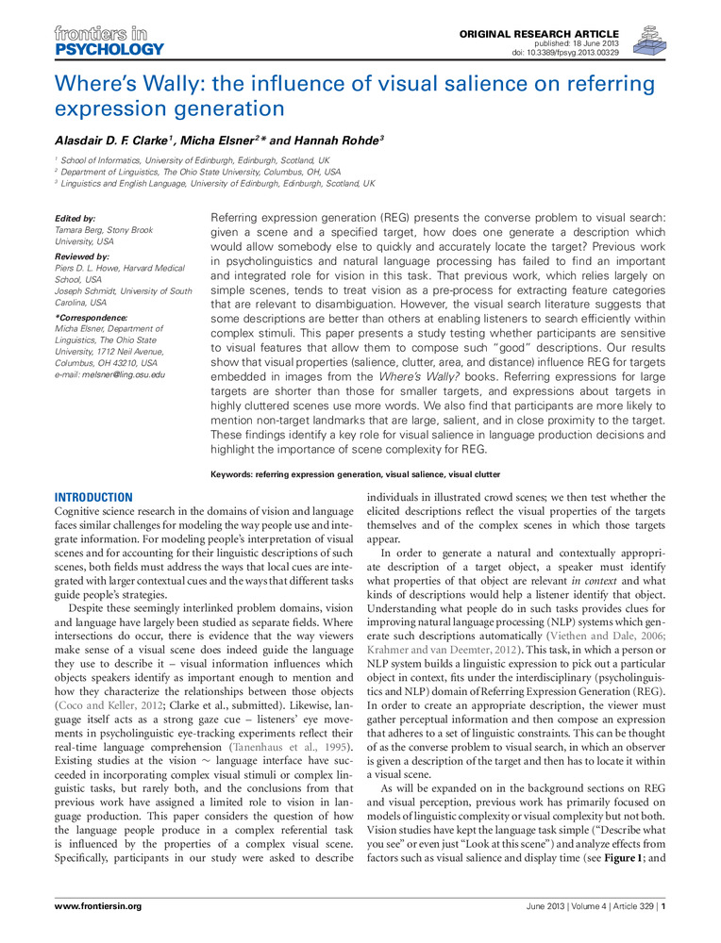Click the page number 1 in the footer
665,907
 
